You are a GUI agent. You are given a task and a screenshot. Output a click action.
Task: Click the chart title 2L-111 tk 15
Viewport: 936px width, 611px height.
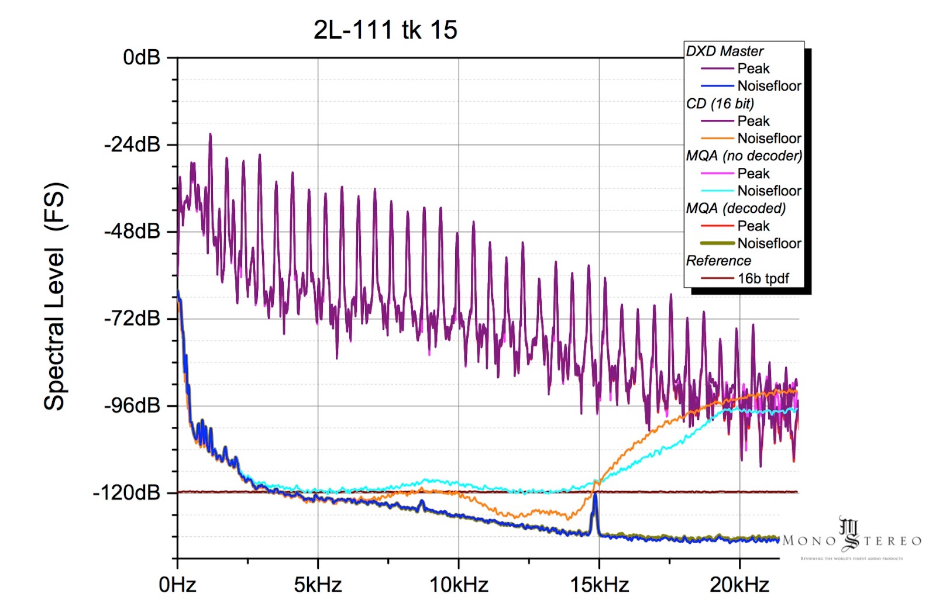pyautogui.click(x=385, y=30)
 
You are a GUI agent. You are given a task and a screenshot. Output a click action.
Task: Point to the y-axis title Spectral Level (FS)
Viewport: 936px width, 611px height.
pyautogui.click(x=55, y=296)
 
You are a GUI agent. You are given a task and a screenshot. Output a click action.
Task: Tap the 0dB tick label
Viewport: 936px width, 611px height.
pyautogui.click(x=142, y=57)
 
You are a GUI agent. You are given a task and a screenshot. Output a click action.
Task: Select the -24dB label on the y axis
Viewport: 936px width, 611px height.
pyautogui.click(x=132, y=144)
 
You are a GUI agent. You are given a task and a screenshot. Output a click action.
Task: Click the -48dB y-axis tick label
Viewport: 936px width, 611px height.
pyautogui.click(x=132, y=231)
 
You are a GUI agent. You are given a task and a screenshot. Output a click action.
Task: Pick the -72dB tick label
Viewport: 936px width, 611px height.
pyautogui.click(x=132, y=318)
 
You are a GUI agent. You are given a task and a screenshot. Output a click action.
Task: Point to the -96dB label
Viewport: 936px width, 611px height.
pyautogui.click(x=132, y=405)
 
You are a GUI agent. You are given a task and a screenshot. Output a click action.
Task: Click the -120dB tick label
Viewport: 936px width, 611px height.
pyautogui.click(x=127, y=492)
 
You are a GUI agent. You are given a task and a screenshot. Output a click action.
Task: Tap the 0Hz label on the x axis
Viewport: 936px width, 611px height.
pyautogui.click(x=177, y=584)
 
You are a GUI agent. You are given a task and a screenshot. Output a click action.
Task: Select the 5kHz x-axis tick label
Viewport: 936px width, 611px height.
pyautogui.click(x=318, y=584)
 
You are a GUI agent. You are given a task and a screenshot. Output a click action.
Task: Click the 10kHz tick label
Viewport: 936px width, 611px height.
pyautogui.click(x=459, y=584)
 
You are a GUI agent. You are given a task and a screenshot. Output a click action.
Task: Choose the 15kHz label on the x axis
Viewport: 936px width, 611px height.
pyautogui.click(x=599, y=584)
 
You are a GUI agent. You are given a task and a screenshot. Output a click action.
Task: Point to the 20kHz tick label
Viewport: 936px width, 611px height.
pyautogui.click(x=739, y=584)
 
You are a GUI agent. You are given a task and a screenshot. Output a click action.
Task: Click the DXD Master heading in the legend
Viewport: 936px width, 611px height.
pyautogui.click(x=724, y=51)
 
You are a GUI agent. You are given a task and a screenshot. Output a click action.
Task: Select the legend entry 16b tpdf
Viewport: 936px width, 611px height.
pyautogui.click(x=763, y=278)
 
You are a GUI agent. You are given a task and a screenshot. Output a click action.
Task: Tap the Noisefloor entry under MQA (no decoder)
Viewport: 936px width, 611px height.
pyautogui.click(x=769, y=191)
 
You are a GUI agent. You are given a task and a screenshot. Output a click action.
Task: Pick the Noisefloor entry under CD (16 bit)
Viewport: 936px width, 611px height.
pyautogui.click(x=769, y=139)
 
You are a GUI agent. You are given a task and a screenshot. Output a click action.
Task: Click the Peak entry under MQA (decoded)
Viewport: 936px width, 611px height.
pyautogui.click(x=753, y=226)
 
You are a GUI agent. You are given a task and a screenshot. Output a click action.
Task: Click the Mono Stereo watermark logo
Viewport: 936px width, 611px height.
pyautogui.click(x=851, y=538)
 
